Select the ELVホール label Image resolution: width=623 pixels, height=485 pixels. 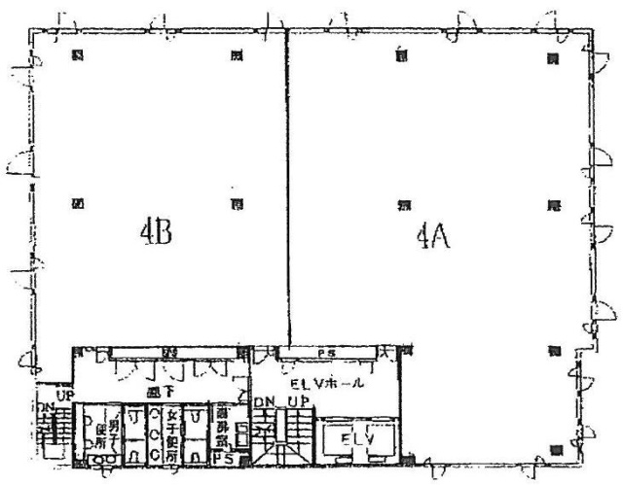(x=334, y=383)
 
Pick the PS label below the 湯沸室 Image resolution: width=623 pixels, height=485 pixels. (x=221, y=456)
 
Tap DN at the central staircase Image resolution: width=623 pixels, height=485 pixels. (x=264, y=402)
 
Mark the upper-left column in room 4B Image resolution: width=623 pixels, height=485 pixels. (x=78, y=56)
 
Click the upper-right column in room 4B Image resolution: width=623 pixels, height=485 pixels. (x=235, y=56)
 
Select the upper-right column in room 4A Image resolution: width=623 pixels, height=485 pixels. (x=551, y=57)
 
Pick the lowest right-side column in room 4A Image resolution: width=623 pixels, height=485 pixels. (x=554, y=449)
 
